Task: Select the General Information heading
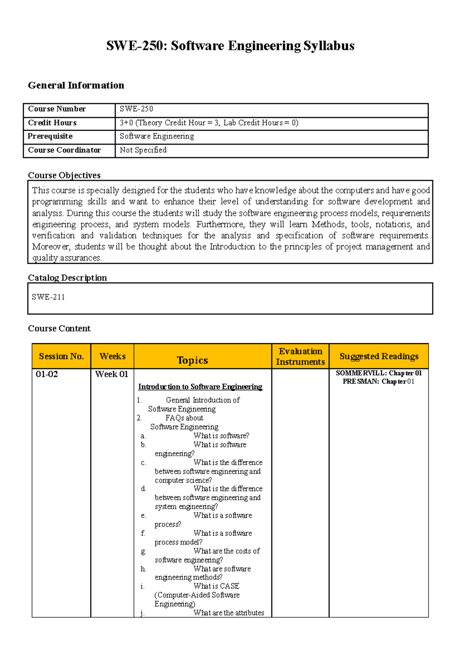click(76, 85)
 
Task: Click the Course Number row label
click(57, 109)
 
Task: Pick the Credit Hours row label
click(52, 123)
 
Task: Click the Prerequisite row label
click(50, 136)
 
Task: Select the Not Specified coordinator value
click(143, 150)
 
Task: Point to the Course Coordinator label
click(64, 150)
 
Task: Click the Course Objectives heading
click(64, 175)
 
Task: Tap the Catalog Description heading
click(67, 278)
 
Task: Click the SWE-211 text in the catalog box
click(48, 297)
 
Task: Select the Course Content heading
click(59, 328)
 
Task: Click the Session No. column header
click(61, 356)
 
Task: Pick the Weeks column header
click(112, 356)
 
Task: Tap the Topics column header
click(192, 360)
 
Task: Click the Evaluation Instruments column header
click(300, 356)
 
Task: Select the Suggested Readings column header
click(379, 356)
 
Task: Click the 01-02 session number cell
click(47, 374)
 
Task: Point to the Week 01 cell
click(112, 374)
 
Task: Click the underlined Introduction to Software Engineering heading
click(200, 386)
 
